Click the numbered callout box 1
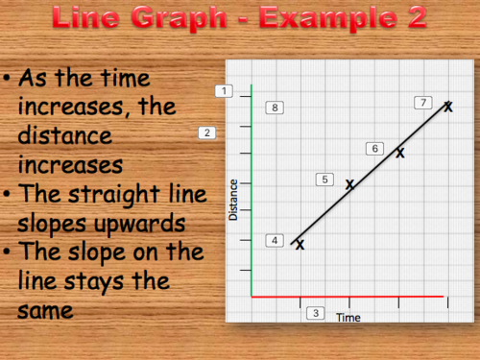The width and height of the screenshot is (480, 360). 225,91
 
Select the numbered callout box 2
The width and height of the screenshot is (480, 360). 207,132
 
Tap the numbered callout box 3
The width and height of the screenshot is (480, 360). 315,313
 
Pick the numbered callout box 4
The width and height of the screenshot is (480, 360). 275,240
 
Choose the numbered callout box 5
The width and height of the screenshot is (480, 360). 325,180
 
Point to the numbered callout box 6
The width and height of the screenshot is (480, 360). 375,148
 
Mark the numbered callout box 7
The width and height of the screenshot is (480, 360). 422,103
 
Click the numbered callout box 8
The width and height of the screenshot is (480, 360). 275,108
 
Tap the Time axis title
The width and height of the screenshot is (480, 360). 348,317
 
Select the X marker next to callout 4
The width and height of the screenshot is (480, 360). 300,246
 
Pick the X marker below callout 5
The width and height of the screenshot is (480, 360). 349,183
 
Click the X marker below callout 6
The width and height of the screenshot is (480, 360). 400,152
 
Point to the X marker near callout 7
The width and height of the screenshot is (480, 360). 447,106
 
